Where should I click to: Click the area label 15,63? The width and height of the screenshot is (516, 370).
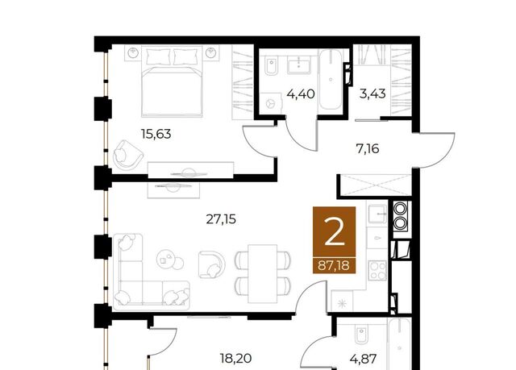pyautogui.click(x=156, y=134)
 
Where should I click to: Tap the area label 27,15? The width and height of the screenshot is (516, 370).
pyautogui.click(x=221, y=219)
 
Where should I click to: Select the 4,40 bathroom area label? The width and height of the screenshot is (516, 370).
pyautogui.click(x=301, y=94)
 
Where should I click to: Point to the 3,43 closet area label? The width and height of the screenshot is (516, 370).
pyautogui.click(x=372, y=94)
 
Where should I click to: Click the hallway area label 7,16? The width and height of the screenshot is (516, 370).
pyautogui.click(x=368, y=149)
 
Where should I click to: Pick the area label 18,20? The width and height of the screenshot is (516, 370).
pyautogui.click(x=235, y=358)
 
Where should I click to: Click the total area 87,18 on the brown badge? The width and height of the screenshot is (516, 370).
pyautogui.click(x=334, y=265)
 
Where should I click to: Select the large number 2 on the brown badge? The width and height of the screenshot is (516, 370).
pyautogui.click(x=334, y=233)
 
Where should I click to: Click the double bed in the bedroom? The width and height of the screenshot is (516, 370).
pyautogui.click(x=172, y=81)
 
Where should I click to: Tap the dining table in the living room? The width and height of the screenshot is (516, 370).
pyautogui.click(x=262, y=273)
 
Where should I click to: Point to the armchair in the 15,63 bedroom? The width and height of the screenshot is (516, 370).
pyautogui.click(x=127, y=155)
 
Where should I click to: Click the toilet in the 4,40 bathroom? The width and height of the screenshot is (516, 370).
pyautogui.click(x=272, y=67)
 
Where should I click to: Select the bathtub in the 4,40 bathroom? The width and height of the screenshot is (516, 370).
pyautogui.click(x=331, y=80)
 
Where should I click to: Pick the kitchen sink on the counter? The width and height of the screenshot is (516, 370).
pyautogui.click(x=377, y=214)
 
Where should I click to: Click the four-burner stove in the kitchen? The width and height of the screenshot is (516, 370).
pyautogui.click(x=377, y=270)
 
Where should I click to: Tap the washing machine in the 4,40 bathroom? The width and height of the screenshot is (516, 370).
pyautogui.click(x=270, y=102)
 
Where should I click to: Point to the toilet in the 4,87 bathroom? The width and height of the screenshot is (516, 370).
pyautogui.click(x=362, y=336)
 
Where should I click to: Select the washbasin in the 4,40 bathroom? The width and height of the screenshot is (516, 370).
pyautogui.click(x=299, y=65)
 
